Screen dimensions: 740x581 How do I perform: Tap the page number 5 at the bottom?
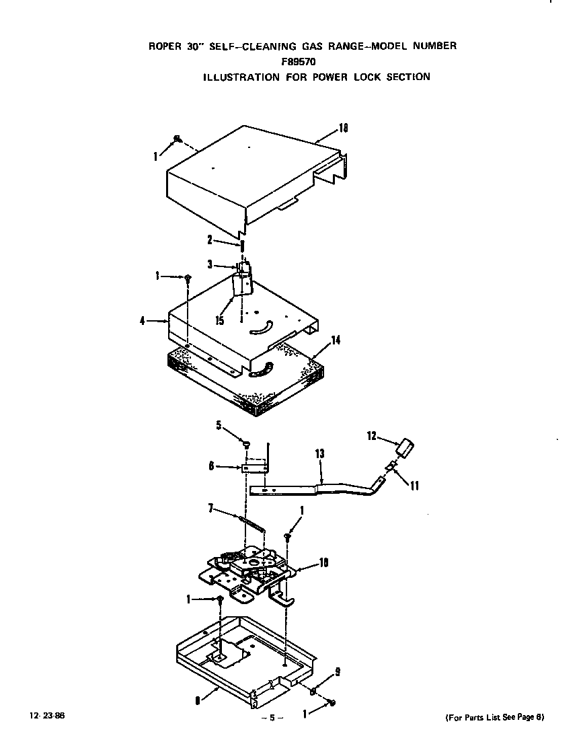(272, 718)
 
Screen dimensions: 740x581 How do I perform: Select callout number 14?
(335, 340)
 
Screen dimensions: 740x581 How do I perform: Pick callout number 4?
(143, 321)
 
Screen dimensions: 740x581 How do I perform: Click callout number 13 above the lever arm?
(319, 455)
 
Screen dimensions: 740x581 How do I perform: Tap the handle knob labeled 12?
(405, 447)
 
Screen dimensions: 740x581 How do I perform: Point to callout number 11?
(414, 485)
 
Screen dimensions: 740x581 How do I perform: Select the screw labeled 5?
(246, 444)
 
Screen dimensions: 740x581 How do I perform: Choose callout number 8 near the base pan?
(197, 700)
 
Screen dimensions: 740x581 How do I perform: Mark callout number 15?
(219, 321)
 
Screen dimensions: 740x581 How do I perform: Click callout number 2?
(209, 239)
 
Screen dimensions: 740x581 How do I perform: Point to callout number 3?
(210, 265)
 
